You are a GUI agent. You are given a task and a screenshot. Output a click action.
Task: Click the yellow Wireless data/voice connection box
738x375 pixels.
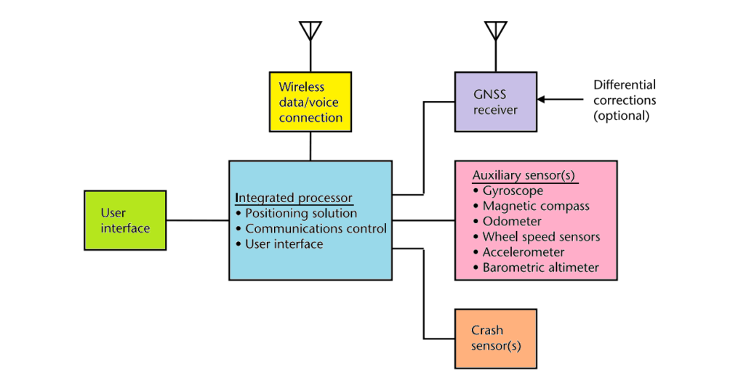point(310,102)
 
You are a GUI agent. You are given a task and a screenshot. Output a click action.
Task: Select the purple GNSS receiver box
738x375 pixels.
point(495,102)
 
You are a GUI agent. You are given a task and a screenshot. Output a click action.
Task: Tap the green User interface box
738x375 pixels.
point(125,220)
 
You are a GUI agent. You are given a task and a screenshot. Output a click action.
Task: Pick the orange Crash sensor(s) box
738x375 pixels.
point(495,338)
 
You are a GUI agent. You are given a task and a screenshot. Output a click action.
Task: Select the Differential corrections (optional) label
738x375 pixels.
point(624,100)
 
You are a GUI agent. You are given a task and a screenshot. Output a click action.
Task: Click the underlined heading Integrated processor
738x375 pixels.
point(294,198)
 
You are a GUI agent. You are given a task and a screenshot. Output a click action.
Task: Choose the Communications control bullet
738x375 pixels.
point(315,229)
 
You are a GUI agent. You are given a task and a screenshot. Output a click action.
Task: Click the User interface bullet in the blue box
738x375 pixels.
point(284,244)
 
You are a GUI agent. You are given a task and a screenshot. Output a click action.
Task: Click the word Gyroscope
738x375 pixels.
point(513,191)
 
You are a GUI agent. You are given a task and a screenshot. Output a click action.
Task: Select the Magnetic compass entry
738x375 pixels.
point(535,206)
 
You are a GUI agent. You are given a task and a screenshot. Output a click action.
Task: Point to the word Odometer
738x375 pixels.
point(512,222)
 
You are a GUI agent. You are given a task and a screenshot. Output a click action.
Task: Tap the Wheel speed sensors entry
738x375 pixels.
point(540,237)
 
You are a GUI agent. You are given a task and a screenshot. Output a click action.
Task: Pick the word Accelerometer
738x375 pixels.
point(523,252)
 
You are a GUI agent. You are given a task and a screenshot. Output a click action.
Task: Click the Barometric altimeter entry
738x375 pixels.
point(540,267)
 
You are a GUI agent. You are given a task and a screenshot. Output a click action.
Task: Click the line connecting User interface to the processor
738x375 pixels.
point(198,220)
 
